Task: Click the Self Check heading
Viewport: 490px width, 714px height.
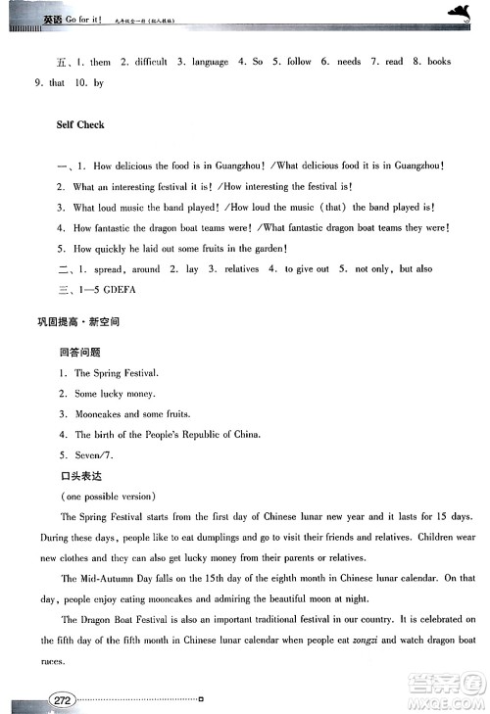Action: point(80,125)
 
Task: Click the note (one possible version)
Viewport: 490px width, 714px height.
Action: point(100,495)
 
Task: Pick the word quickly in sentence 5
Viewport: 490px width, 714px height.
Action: point(113,249)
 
